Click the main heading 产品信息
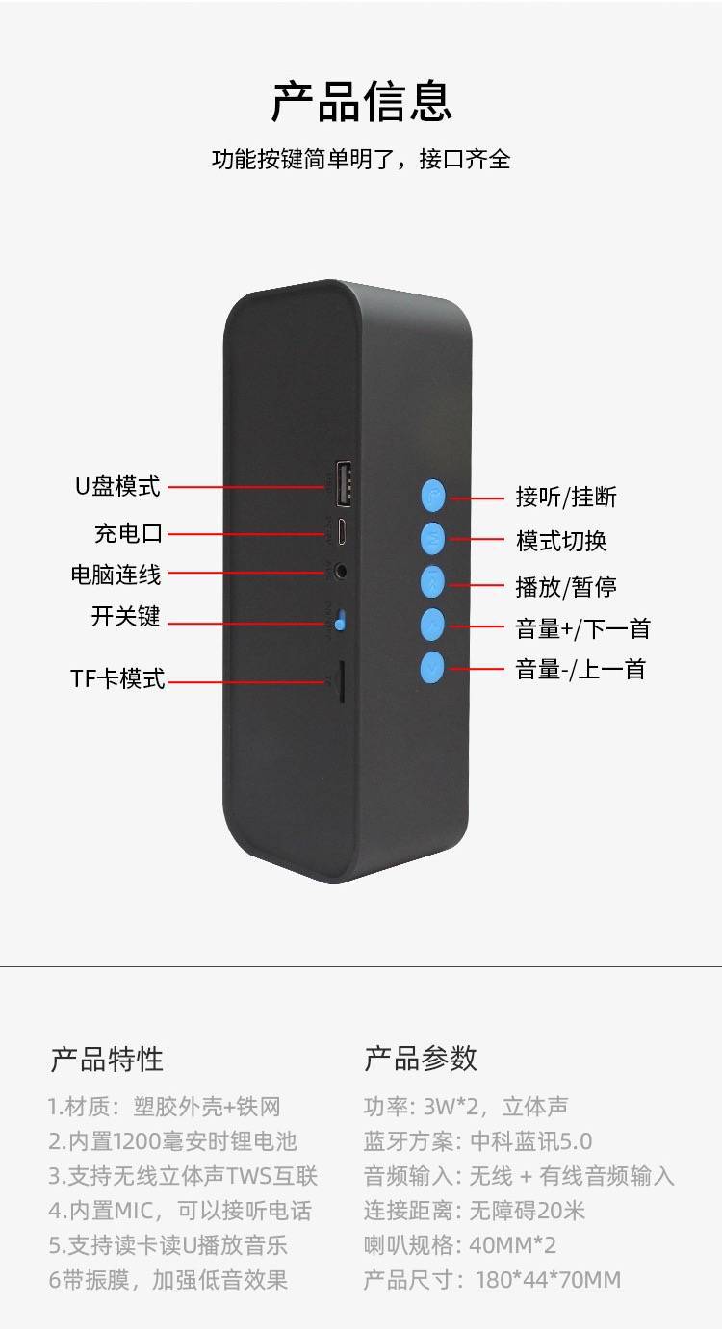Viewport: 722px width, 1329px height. point(361,102)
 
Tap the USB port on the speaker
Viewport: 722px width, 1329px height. point(344,483)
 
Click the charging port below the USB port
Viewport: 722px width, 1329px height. point(343,531)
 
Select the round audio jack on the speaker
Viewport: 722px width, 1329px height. point(341,572)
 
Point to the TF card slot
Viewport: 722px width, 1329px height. point(341,681)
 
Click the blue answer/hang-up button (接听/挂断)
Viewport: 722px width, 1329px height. point(433,496)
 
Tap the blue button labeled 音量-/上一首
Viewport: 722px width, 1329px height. point(432,668)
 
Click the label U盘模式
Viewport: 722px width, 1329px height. point(117,486)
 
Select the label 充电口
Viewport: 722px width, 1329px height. point(128,533)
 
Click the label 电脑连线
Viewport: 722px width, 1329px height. point(116,575)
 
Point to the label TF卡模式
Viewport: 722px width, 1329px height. point(117,678)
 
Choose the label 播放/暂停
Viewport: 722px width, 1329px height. point(566,587)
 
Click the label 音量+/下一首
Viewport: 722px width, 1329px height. point(582,629)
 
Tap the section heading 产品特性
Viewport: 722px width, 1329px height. point(107,1059)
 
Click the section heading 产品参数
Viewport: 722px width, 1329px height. point(421,1058)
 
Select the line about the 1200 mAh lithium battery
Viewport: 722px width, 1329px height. point(172,1141)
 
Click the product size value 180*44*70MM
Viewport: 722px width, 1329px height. point(548,1280)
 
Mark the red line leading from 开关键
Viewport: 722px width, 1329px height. point(246,625)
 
